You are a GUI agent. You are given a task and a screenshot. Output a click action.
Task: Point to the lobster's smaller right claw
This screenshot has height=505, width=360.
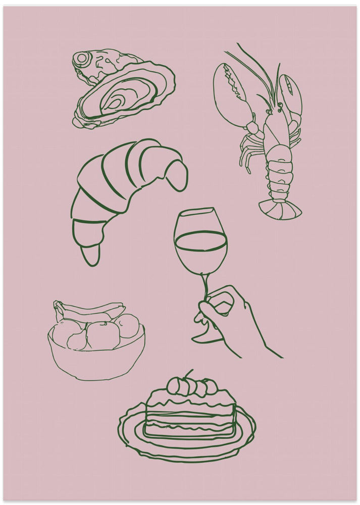pos(290,96)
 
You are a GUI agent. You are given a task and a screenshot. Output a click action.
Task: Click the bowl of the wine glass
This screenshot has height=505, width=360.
pos(200,242)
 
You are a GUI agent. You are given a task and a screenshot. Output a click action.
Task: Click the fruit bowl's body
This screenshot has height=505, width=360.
pos(96,361)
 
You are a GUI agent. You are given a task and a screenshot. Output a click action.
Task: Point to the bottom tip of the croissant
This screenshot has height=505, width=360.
pos(91,258)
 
